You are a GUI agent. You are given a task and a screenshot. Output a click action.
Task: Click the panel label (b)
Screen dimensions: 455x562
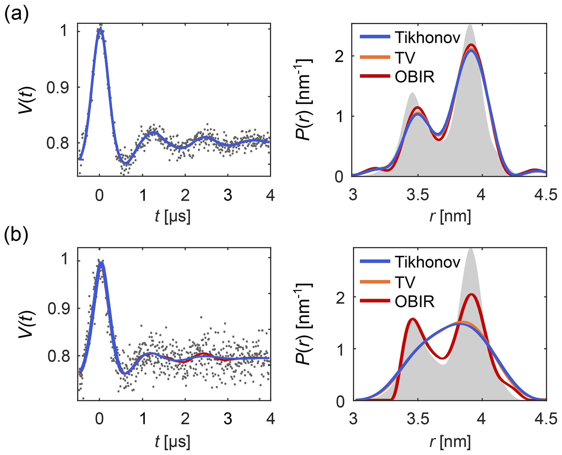[16, 235]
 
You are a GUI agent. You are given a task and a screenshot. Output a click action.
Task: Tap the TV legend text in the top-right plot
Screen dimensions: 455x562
[405, 57]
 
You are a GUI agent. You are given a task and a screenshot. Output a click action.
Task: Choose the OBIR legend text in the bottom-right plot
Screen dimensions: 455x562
[415, 302]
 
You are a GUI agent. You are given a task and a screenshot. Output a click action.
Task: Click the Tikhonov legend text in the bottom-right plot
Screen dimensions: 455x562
[427, 262]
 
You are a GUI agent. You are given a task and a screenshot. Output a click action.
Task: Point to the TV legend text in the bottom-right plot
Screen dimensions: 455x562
[405, 282]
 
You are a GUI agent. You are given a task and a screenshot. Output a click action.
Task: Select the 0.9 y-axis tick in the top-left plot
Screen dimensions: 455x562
[57, 88]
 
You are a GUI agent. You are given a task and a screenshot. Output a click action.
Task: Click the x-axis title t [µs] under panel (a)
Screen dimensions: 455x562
[172, 217]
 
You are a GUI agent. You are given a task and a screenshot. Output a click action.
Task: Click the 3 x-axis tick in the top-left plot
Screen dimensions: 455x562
[228, 195]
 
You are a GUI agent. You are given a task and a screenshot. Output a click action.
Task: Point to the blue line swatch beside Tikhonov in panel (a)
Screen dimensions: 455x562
[375, 37]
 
